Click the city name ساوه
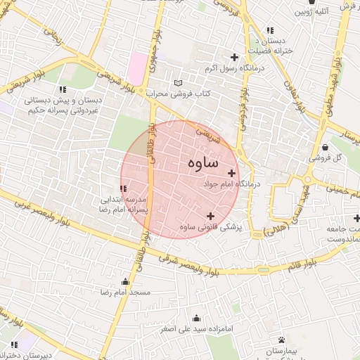click(203, 162)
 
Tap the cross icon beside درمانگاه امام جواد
click(231, 173)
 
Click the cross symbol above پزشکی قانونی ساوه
click(210, 216)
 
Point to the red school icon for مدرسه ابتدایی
click(124, 188)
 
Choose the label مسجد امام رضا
click(125, 291)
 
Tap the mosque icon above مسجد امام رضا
click(125, 281)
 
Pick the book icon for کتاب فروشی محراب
click(177, 82)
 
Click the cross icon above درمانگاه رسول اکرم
click(234, 57)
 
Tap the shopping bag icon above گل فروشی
click(325, 147)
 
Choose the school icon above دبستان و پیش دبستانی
click(63, 89)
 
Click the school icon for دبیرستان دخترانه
click(13, 345)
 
